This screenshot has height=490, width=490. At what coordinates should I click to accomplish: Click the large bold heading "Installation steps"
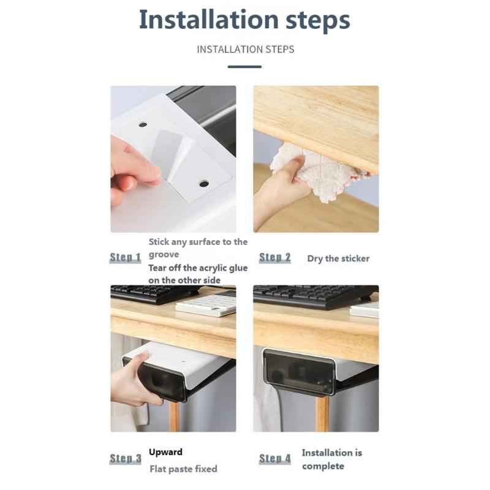coord(244,20)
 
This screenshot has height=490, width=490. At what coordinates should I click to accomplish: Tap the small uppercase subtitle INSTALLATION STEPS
coord(245,49)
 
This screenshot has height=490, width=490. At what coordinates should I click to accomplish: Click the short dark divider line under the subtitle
coord(244,66)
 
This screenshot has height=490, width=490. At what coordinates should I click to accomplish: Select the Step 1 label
coord(126,258)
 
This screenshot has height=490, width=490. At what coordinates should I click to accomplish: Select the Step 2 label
coord(275,258)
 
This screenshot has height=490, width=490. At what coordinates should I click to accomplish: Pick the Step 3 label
coord(126,459)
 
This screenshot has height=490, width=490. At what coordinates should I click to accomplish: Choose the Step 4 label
coord(275,459)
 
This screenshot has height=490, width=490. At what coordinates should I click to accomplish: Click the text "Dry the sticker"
coord(338,258)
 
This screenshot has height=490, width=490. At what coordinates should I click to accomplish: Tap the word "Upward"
coord(165,452)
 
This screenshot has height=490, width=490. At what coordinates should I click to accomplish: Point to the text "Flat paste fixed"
coord(183,469)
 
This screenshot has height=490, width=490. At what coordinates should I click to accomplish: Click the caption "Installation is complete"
coord(331,459)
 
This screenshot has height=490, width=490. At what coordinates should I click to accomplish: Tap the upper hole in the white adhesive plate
coord(143,124)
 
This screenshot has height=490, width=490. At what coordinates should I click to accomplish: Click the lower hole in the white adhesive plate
coord(203,183)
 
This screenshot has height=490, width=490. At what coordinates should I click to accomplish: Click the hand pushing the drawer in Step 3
coord(132,383)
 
